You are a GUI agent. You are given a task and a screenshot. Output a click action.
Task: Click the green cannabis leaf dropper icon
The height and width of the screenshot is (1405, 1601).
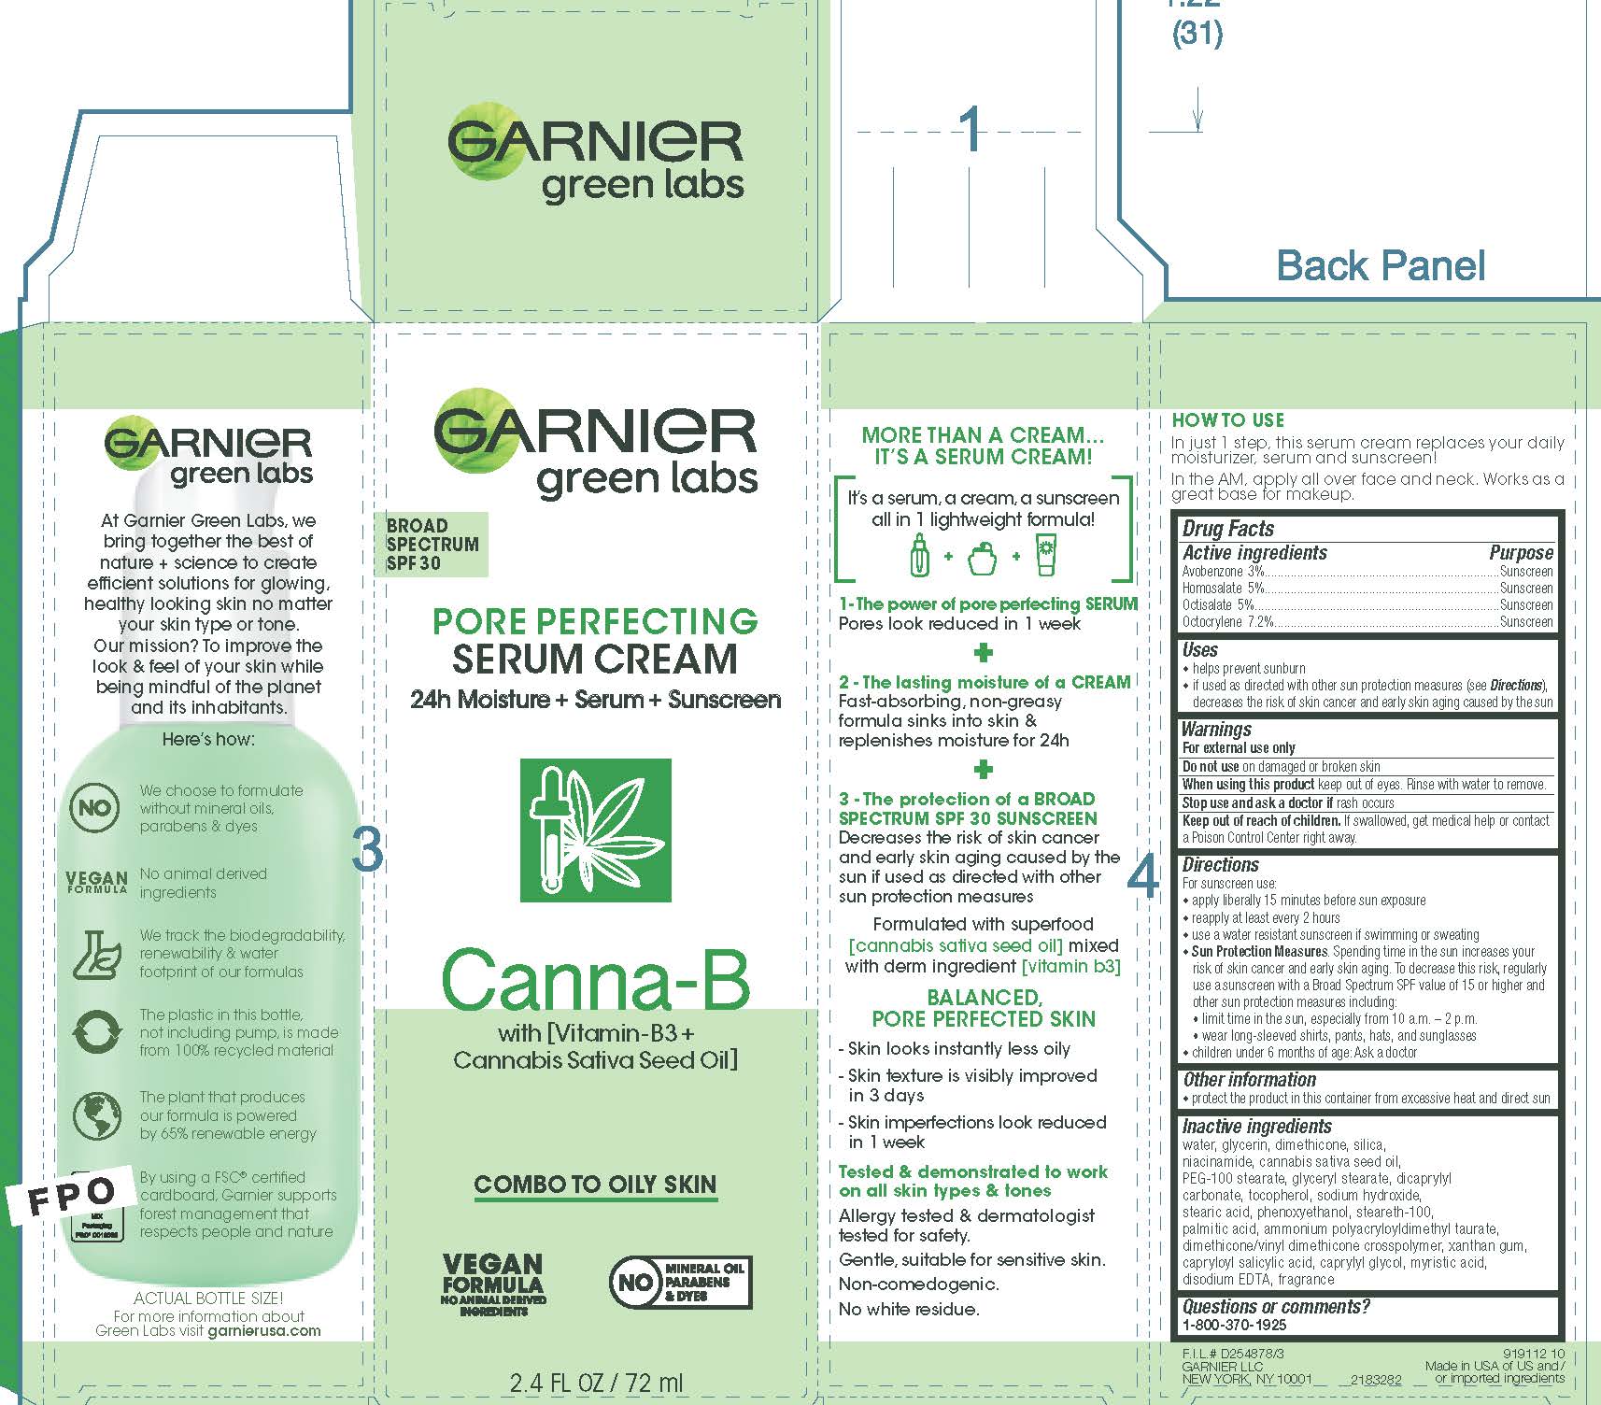click(595, 830)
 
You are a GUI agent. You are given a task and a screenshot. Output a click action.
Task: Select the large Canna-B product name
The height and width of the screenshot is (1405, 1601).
click(595, 980)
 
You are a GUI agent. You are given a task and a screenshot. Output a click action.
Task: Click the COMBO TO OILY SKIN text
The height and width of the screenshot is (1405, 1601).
click(595, 1185)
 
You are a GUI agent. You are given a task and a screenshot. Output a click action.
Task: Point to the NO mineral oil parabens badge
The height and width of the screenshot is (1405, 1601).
click(680, 1282)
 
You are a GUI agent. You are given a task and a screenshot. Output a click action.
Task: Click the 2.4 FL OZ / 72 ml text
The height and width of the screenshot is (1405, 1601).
click(596, 1383)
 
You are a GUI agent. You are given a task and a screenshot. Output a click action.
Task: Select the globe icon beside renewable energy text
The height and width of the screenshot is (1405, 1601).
click(95, 1116)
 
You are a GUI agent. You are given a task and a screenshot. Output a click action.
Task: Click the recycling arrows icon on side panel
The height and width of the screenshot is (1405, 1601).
click(95, 1033)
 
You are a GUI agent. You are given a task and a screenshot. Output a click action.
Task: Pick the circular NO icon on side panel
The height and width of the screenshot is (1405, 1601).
click(94, 808)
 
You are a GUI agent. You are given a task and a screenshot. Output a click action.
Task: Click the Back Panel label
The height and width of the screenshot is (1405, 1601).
click(1380, 266)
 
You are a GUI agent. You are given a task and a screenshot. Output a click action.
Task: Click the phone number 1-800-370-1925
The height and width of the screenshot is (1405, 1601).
click(1234, 1325)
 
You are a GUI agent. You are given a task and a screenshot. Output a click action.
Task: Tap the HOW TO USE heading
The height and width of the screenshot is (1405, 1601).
click(1227, 420)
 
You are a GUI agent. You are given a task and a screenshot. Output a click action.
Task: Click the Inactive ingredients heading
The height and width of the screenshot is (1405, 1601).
click(1256, 1127)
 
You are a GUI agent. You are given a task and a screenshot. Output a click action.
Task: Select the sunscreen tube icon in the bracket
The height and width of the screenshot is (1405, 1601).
click(1045, 556)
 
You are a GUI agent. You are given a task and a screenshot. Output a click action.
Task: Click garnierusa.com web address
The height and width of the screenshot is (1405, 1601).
click(263, 1331)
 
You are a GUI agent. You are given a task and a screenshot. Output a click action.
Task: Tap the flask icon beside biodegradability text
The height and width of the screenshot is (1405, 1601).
click(95, 954)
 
